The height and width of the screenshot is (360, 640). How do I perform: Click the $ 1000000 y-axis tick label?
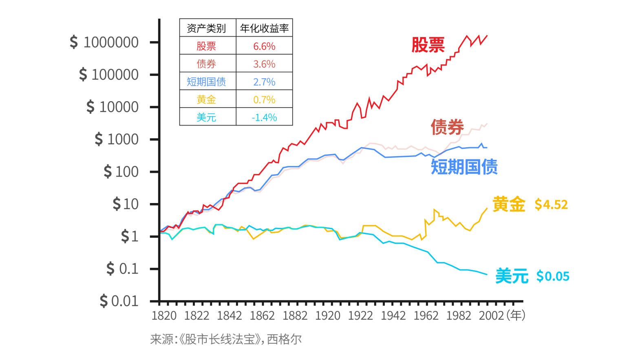tap(104, 42)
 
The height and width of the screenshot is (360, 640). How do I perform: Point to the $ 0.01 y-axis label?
tap(119, 301)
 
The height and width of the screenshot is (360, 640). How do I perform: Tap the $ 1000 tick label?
tap(117, 139)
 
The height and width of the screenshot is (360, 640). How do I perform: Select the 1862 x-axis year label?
tap(262, 316)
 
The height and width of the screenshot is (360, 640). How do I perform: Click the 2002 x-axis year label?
tap(491, 316)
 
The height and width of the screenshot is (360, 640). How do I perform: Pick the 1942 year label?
tap(393, 316)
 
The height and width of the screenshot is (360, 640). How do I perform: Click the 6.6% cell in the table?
tap(264, 46)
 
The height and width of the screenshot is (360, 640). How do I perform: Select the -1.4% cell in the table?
tap(264, 117)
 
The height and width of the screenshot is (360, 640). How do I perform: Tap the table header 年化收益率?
tap(264, 28)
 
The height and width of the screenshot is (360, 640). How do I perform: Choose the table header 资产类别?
tap(206, 28)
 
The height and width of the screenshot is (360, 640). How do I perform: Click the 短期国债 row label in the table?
tap(206, 82)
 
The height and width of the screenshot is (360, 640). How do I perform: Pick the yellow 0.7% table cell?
tap(264, 99)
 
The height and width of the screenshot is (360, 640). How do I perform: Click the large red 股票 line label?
tap(428, 45)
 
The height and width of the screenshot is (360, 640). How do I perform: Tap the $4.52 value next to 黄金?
tap(551, 204)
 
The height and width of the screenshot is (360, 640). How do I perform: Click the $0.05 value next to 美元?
tap(553, 276)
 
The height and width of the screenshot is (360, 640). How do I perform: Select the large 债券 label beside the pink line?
tap(447, 127)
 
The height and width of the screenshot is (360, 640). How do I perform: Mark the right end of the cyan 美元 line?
tap(487, 274)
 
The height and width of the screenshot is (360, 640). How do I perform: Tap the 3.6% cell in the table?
tap(264, 64)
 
